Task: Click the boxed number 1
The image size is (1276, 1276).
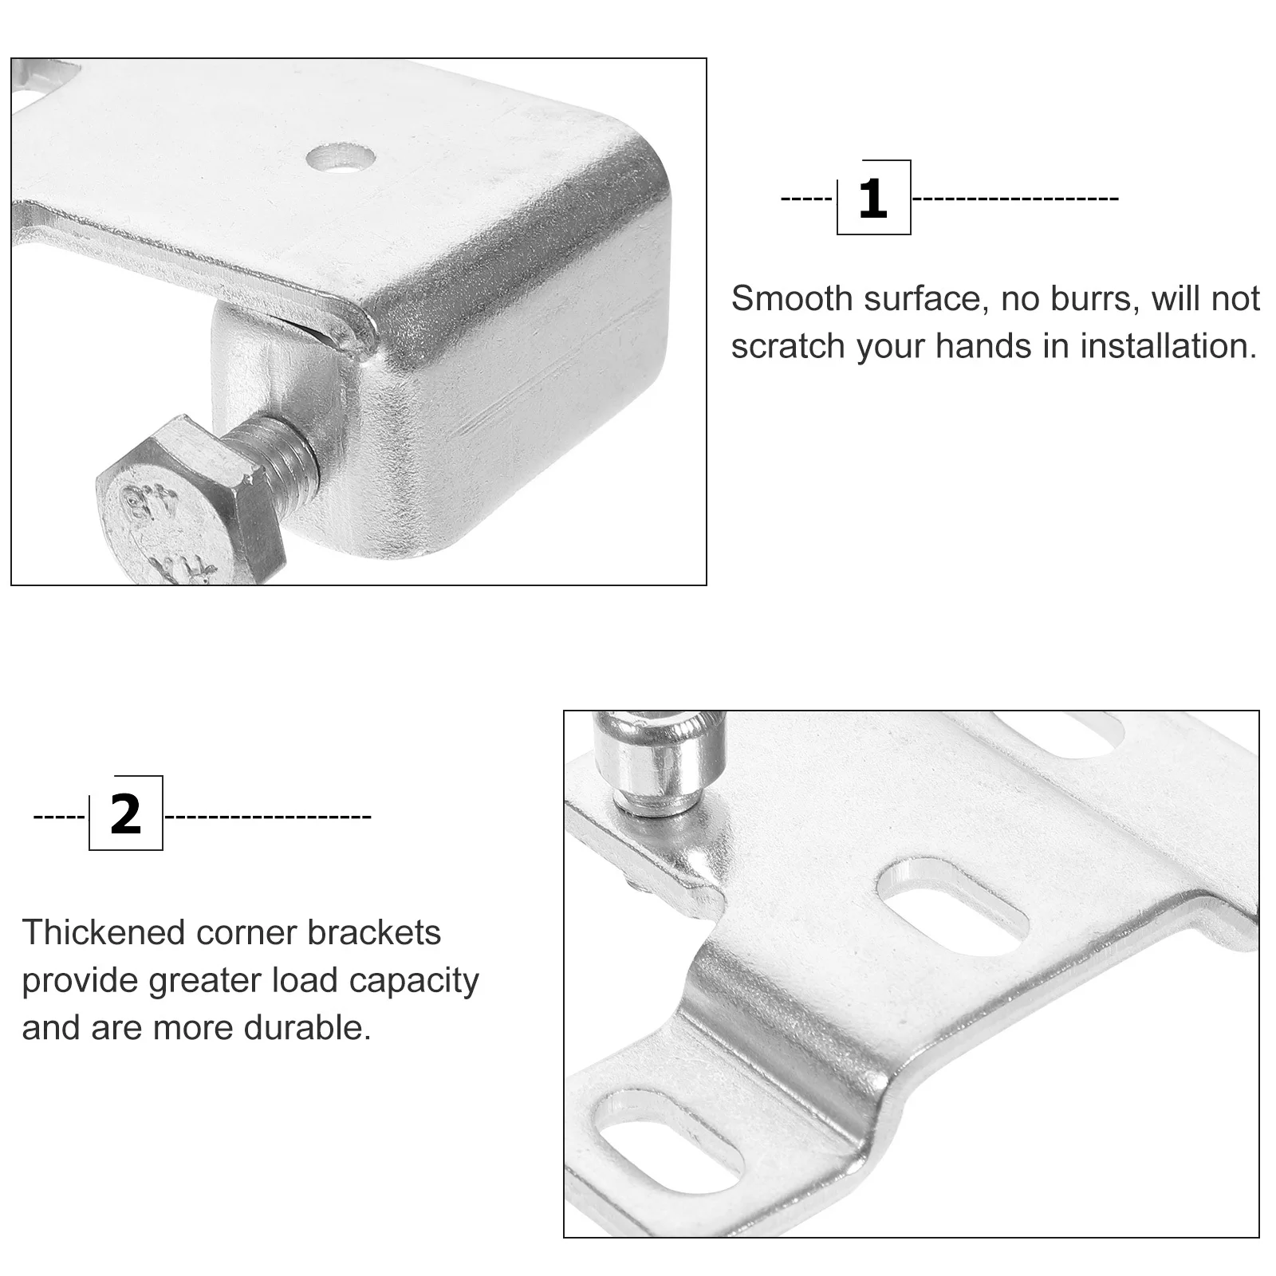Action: (x=873, y=198)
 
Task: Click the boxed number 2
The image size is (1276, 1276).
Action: (x=126, y=813)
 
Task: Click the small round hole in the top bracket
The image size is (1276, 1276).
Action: (x=341, y=157)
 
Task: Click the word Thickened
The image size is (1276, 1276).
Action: (x=101, y=932)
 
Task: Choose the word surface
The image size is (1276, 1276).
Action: (x=925, y=299)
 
